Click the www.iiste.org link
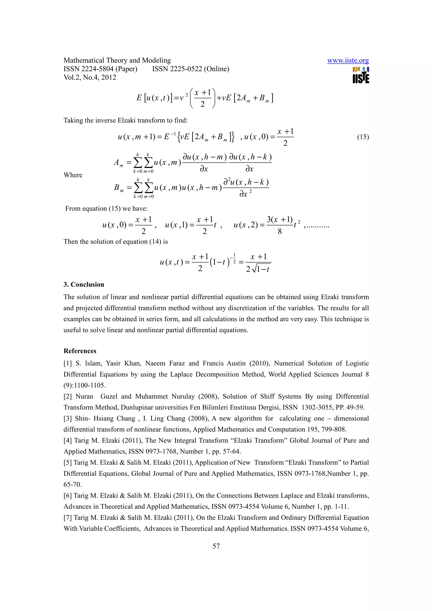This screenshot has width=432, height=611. pyautogui.click(x=348, y=61)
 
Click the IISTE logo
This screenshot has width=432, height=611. pyautogui.click(x=361, y=75)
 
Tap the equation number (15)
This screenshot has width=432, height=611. pyautogui.click(x=363, y=137)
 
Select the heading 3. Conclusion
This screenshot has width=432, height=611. pyautogui.click(x=84, y=284)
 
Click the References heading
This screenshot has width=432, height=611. pyautogui.click(x=80, y=351)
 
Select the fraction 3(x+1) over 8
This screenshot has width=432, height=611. pyautogui.click(x=279, y=225)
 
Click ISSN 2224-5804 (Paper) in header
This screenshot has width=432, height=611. pyautogui.click(x=100, y=69)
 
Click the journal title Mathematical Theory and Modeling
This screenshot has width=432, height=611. pyautogui.click(x=117, y=61)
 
